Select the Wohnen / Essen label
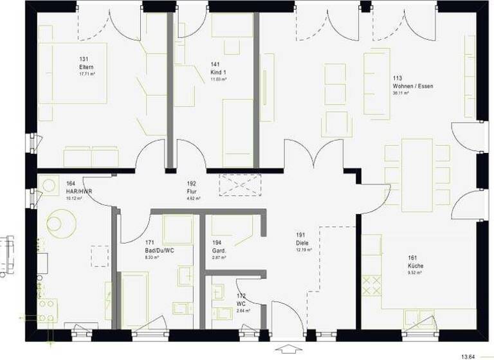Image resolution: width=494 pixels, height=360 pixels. (x=408, y=85)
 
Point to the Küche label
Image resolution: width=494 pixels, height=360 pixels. (x=415, y=265)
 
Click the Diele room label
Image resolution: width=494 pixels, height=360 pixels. (x=302, y=242)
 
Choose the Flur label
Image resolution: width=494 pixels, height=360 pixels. (x=191, y=191)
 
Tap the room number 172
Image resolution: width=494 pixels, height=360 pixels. (x=241, y=296)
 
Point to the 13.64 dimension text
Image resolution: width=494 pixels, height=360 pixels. (x=470, y=355)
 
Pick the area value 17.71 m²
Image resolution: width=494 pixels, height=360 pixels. (x=87, y=74)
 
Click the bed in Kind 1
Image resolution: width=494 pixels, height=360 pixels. (x=238, y=132)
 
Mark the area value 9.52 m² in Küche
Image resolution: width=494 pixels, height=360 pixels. (x=415, y=273)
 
